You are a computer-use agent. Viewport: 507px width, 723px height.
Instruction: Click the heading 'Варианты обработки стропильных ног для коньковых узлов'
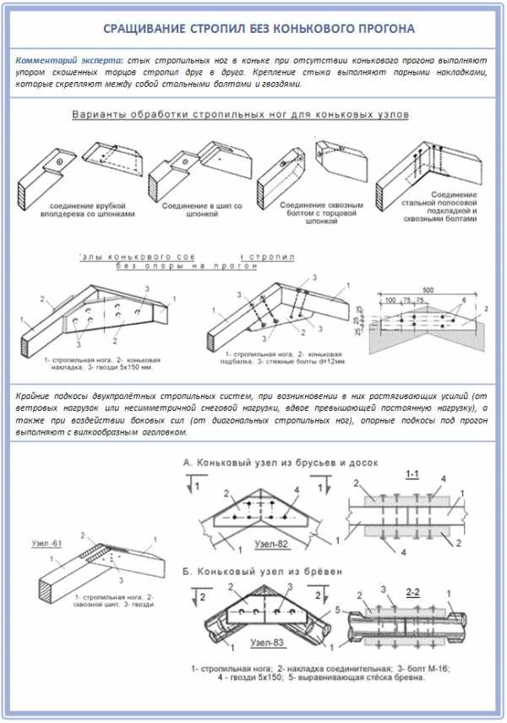point(240,113)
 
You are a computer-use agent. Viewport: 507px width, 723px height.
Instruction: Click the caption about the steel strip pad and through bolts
point(444,209)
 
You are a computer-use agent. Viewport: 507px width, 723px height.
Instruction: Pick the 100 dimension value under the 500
point(390,300)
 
